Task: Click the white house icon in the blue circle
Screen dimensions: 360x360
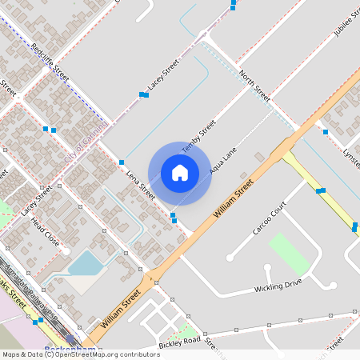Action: click(180, 173)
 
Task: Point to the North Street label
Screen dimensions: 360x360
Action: click(255, 85)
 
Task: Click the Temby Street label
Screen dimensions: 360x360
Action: click(199, 136)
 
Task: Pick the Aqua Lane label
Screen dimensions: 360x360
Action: click(224, 160)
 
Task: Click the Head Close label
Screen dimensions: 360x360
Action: click(46, 234)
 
